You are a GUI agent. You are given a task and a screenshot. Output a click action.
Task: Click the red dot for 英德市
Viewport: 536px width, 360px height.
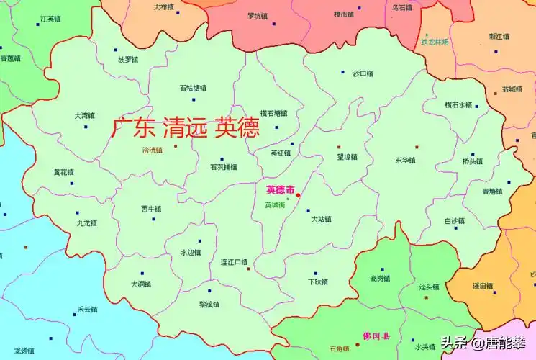click(x=299, y=195)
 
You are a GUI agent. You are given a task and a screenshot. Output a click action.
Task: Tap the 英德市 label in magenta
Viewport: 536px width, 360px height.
click(x=280, y=190)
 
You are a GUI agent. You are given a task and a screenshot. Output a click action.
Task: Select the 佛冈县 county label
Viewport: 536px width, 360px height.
click(x=376, y=336)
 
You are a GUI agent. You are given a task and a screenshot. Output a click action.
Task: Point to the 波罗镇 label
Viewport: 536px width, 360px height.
click(x=128, y=60)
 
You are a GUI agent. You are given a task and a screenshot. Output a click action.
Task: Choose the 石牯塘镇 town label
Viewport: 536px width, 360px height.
click(x=193, y=88)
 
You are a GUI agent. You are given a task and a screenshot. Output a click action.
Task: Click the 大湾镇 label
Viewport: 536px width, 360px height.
click(x=84, y=115)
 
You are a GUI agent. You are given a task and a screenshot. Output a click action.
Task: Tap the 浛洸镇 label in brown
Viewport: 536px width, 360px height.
click(x=153, y=150)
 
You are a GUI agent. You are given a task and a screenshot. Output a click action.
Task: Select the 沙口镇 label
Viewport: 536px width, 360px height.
click(x=363, y=73)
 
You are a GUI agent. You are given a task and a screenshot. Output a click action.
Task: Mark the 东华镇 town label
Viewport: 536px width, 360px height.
click(x=405, y=160)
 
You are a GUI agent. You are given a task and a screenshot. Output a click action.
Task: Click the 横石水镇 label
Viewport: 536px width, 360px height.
click(x=458, y=104)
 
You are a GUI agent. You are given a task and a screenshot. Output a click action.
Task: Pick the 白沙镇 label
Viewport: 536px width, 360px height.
click(x=455, y=221)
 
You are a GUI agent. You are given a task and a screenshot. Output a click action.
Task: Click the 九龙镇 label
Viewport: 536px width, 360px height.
click(x=86, y=223)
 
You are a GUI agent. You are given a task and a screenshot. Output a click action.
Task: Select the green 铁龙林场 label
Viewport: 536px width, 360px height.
click(x=435, y=42)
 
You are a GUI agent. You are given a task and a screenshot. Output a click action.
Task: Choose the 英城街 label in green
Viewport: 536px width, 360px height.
click(x=275, y=205)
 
